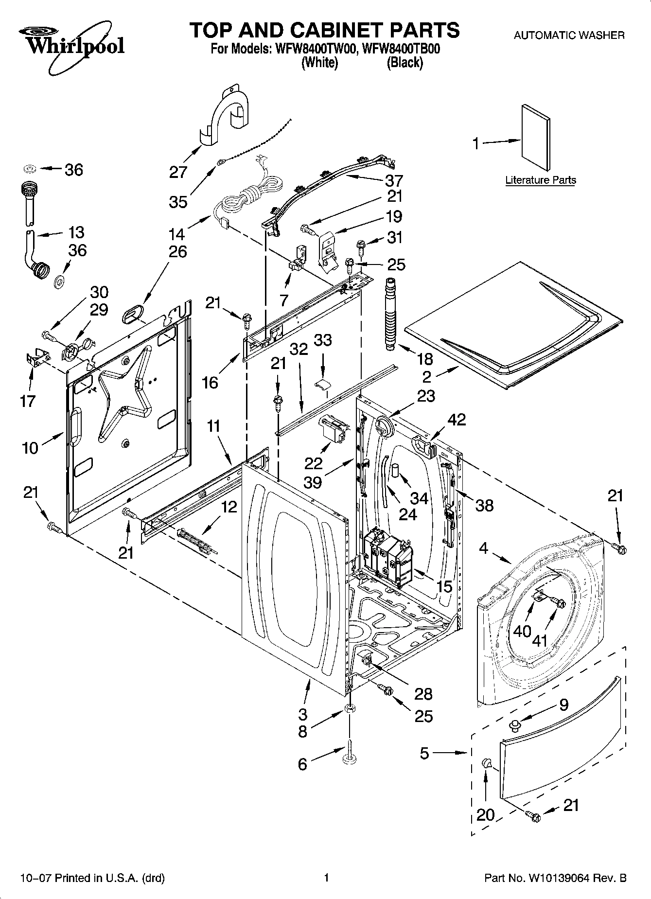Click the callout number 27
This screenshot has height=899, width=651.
click(x=178, y=172)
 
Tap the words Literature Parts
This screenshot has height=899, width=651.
click(x=540, y=180)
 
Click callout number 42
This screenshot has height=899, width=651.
click(x=456, y=419)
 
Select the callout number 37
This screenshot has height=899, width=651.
click(x=394, y=180)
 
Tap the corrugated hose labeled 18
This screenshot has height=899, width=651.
click(x=392, y=314)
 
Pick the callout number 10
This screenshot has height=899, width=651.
click(x=30, y=448)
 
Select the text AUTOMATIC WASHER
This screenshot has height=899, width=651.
click(x=569, y=35)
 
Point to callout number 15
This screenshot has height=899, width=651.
click(x=444, y=587)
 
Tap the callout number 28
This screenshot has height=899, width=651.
click(x=423, y=694)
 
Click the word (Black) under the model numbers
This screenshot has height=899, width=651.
click(x=405, y=63)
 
